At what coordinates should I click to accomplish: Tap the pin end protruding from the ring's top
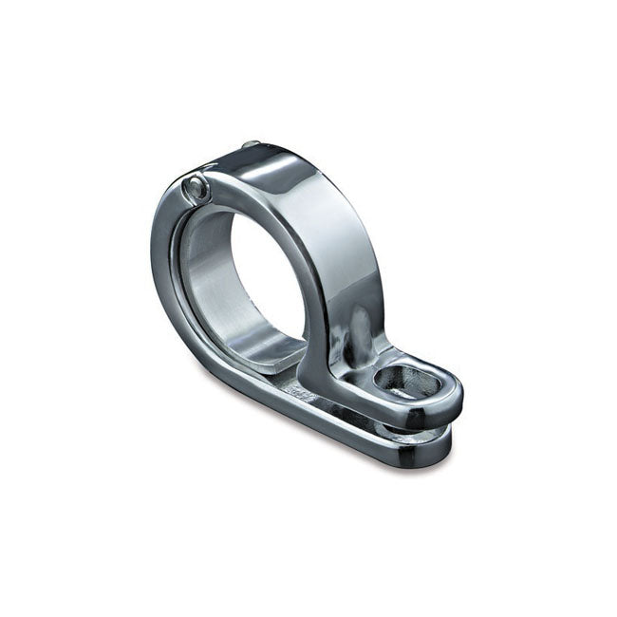(249, 145)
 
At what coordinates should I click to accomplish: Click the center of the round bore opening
(271, 285)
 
